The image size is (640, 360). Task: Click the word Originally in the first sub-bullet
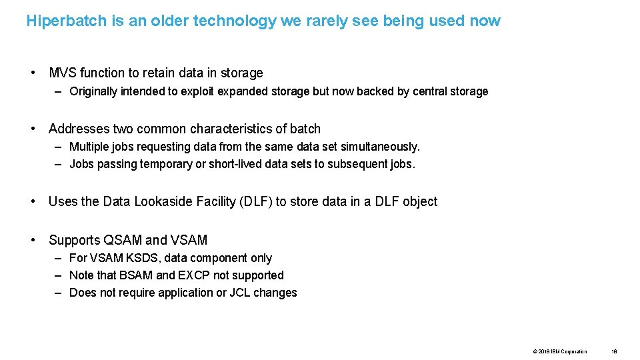click(x=93, y=91)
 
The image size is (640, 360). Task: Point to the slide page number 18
click(x=614, y=351)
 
